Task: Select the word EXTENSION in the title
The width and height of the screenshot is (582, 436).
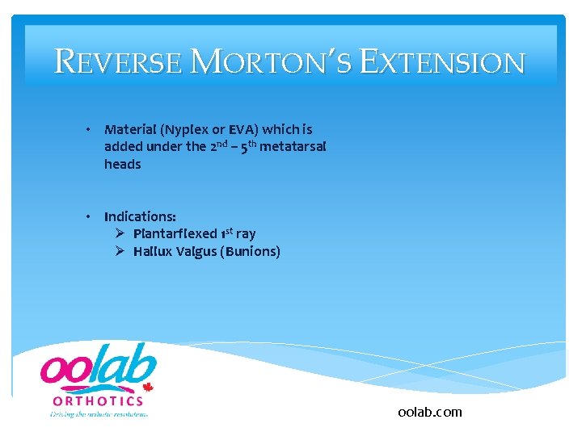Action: point(442,62)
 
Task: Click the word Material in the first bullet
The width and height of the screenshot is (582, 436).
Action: point(129,129)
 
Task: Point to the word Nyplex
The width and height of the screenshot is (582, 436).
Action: point(182,129)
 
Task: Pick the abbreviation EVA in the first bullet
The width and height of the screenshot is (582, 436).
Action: point(242,129)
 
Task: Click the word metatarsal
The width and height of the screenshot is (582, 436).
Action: point(293,146)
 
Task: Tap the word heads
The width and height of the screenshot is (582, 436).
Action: point(122,164)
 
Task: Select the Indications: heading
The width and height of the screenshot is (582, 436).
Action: point(140,216)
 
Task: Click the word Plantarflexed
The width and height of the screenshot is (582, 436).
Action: point(175,234)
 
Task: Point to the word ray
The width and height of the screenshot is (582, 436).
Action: point(246,234)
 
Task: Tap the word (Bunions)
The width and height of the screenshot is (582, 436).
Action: point(251,252)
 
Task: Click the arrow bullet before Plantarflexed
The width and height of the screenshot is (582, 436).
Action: point(119,233)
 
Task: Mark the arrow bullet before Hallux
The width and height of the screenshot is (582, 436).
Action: point(119,251)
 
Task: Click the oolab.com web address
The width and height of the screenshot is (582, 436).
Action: point(430,412)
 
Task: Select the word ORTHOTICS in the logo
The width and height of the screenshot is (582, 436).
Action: point(98,400)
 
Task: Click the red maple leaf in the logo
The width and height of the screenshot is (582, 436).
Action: point(149,387)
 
